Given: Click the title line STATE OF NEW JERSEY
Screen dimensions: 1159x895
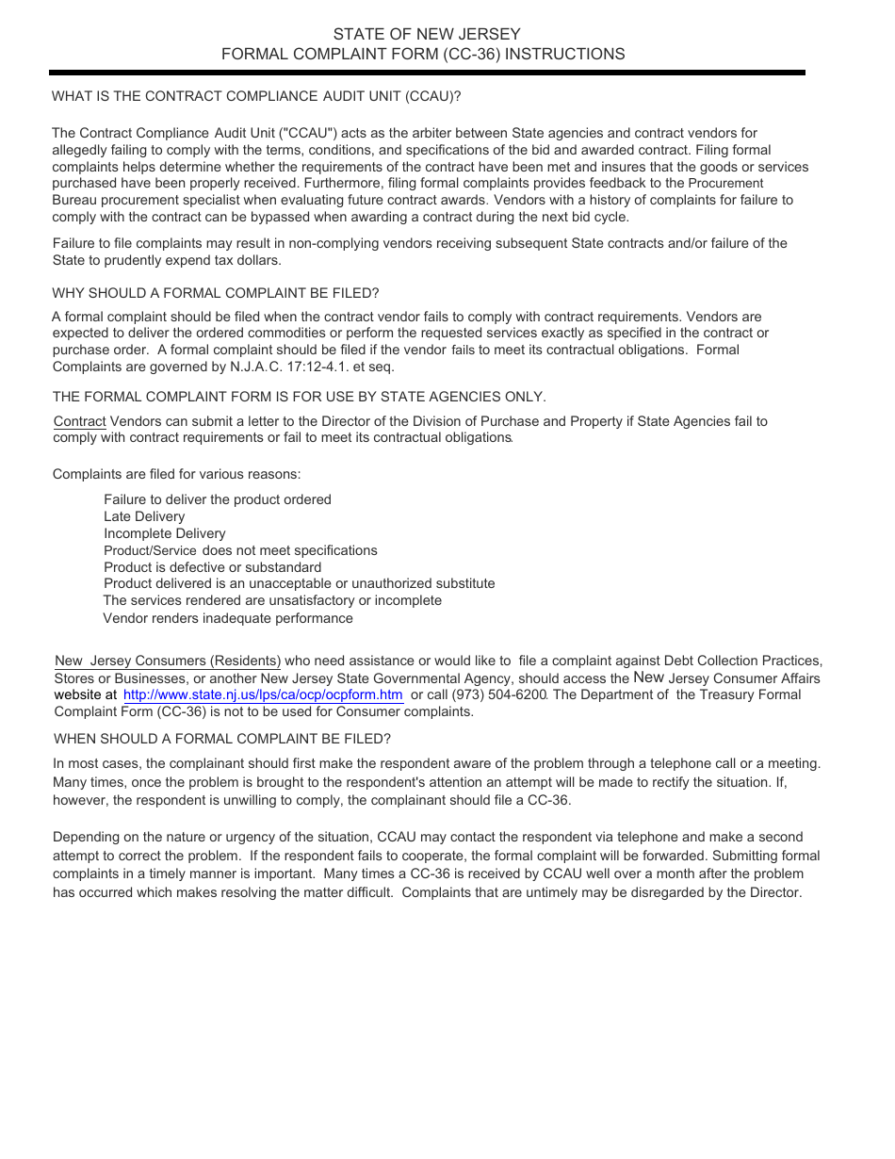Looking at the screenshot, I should click(426, 35).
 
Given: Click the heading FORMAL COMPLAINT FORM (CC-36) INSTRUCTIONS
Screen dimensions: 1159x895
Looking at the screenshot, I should click(423, 55).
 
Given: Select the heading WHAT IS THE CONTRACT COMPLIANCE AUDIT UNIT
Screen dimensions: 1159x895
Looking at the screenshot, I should click(256, 96).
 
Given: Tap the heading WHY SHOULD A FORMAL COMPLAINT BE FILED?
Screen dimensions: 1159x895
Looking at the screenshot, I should click(216, 293).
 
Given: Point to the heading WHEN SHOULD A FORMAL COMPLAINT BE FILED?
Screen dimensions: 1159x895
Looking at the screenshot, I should click(222, 739).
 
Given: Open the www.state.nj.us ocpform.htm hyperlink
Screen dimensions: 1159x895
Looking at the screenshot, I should click(263, 695).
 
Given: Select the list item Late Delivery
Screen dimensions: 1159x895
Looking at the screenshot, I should click(144, 516).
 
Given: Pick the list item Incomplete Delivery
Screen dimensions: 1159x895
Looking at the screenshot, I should click(165, 533).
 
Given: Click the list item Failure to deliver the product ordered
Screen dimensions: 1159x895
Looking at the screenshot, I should click(218, 499).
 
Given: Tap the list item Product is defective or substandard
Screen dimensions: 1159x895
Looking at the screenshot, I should click(212, 567).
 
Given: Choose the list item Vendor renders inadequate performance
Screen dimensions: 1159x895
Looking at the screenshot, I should click(228, 618).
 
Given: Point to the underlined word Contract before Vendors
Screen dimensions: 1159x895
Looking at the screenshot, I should click(79, 421).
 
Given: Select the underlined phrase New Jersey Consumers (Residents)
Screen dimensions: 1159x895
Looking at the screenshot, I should click(168, 661).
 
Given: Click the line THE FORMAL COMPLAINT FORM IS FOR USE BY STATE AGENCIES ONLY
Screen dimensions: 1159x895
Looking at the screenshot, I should click(300, 396).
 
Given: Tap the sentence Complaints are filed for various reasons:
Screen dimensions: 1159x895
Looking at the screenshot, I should click(177, 474).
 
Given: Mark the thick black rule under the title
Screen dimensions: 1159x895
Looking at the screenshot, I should click(428, 73).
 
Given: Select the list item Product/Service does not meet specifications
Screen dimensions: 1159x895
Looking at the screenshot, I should click(240, 550).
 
